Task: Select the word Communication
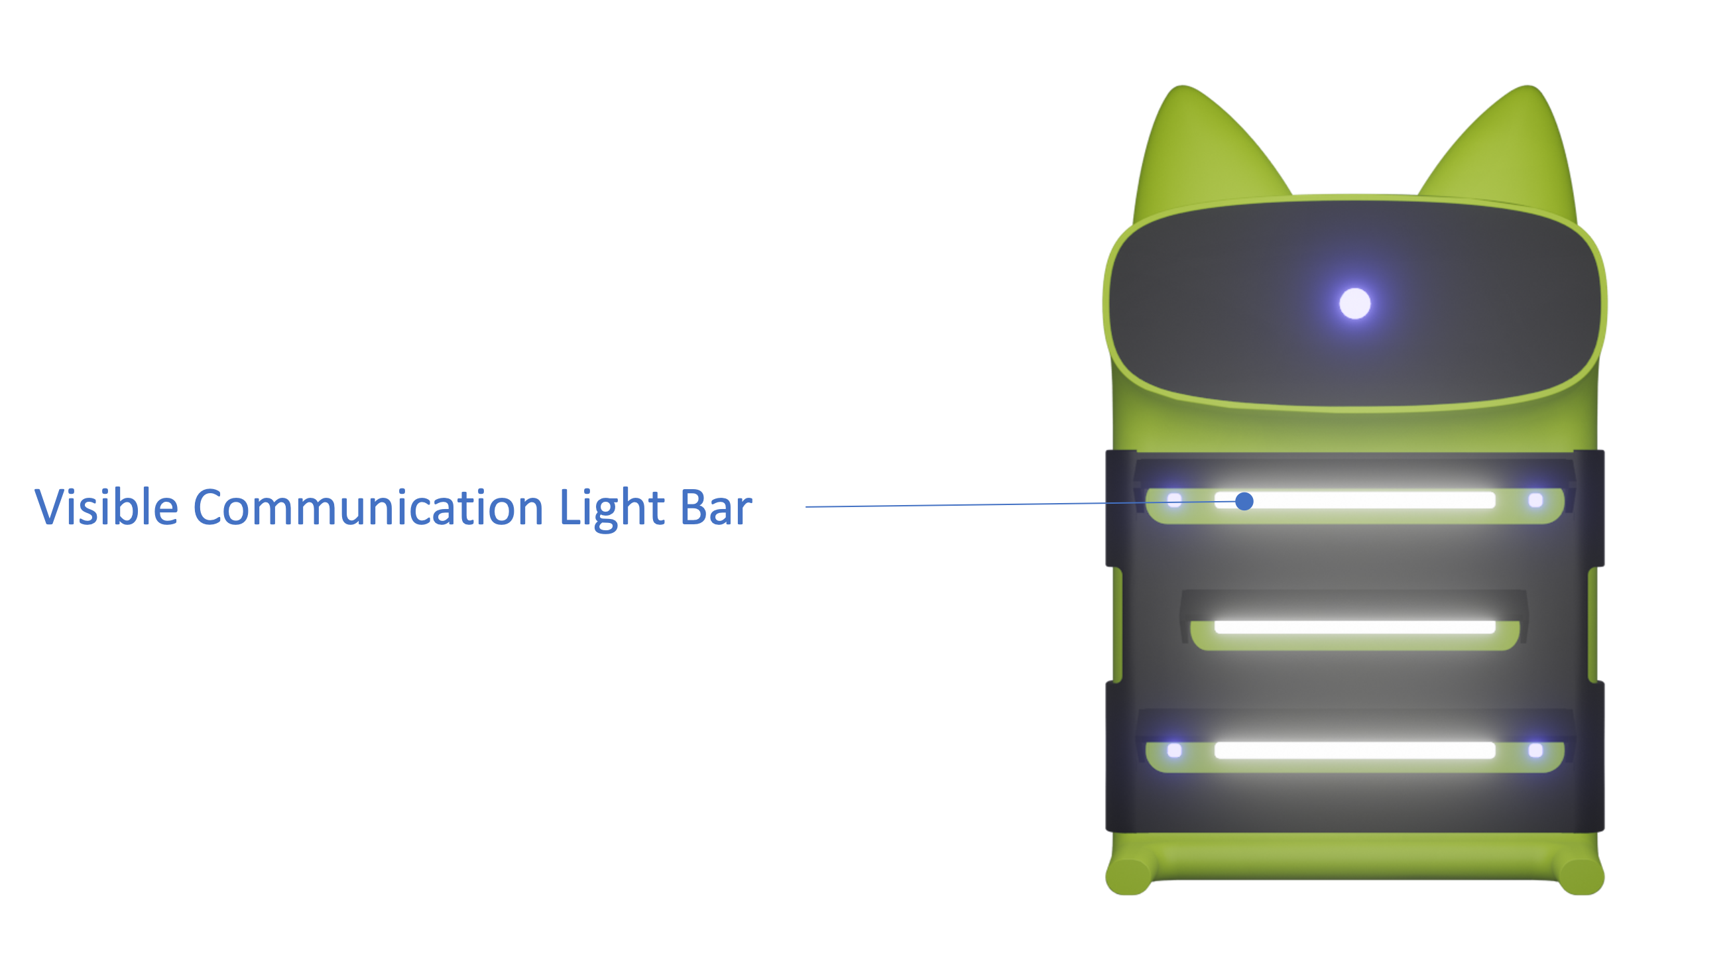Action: click(x=369, y=508)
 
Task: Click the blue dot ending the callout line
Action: click(x=1244, y=502)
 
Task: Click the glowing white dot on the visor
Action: click(x=1355, y=303)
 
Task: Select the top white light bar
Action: click(x=1355, y=500)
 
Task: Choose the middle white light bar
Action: click(x=1355, y=628)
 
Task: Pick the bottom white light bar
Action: click(x=1355, y=750)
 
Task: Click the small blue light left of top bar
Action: click(x=1175, y=500)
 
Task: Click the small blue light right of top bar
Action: click(x=1535, y=500)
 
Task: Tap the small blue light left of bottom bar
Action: click(x=1175, y=750)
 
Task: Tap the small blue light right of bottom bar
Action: click(x=1535, y=750)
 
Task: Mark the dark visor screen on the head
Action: click(x=1355, y=303)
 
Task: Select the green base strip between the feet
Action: click(x=1355, y=856)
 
